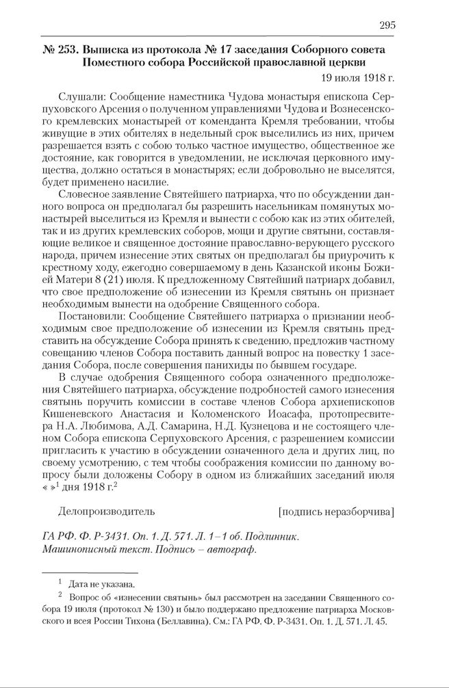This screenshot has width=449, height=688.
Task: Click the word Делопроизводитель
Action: coord(107,511)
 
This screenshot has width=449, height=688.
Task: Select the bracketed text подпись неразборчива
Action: coord(337,511)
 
